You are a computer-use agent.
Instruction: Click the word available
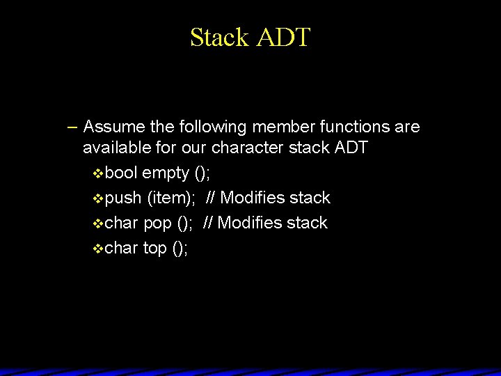point(116,148)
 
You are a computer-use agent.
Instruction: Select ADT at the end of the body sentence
point(351,148)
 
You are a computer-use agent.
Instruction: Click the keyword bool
point(122,173)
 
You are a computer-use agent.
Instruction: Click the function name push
point(124,198)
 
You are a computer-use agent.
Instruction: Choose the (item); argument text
point(171,198)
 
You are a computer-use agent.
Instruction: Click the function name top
point(154,249)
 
